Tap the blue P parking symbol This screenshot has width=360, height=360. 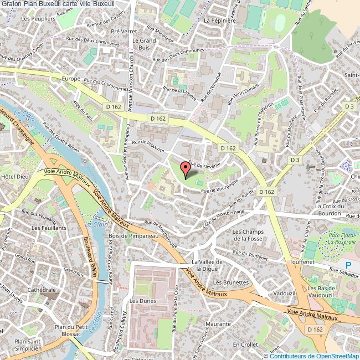pos(348,265)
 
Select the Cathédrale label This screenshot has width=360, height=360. pos(42,290)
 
